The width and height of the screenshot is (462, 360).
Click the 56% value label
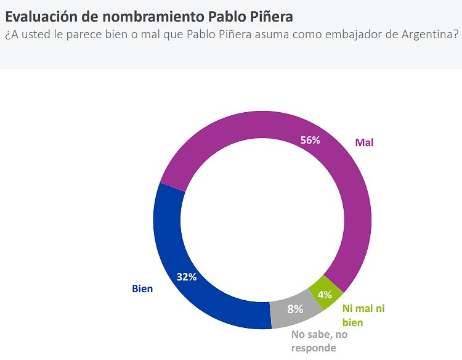[310, 140]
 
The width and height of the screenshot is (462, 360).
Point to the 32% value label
[186, 277]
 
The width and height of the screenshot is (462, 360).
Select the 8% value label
[296, 309]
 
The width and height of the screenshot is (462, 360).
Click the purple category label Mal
[365, 142]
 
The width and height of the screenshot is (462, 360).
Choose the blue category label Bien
[142, 288]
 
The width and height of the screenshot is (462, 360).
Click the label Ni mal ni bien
[363, 315]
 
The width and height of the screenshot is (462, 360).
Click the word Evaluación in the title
[41, 15]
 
